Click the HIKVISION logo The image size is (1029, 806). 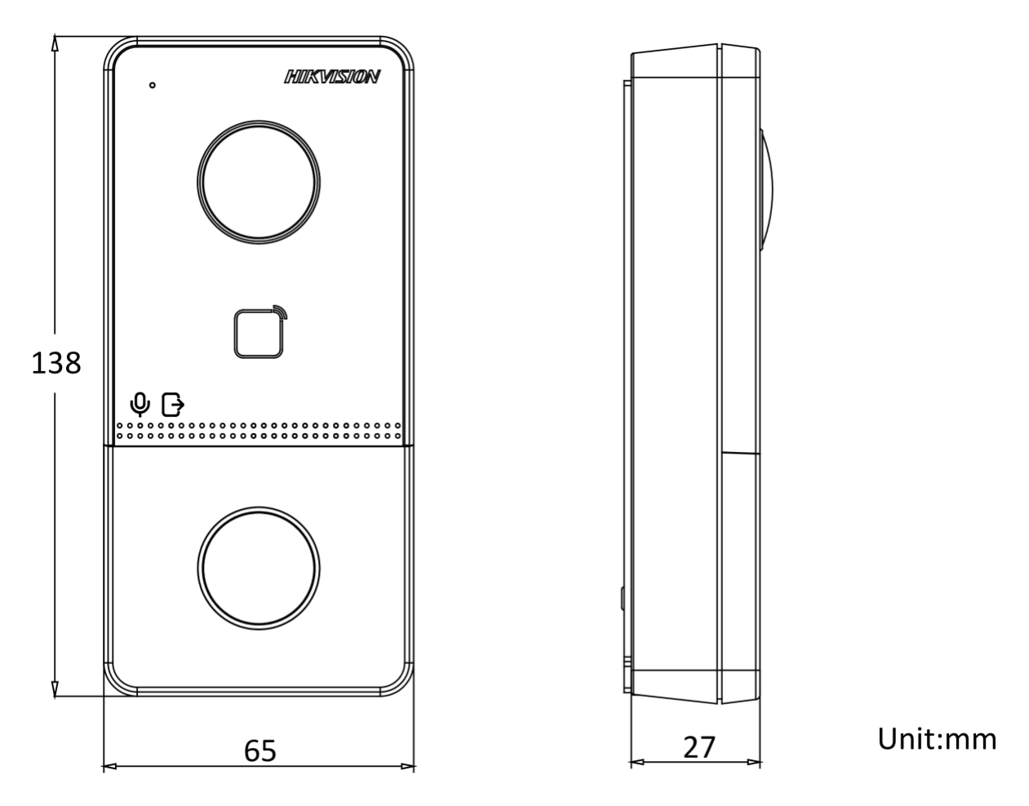332,77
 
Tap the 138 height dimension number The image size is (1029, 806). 55,364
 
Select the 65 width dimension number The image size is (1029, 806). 260,751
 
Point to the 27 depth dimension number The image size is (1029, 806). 699,747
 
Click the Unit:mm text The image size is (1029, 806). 937,739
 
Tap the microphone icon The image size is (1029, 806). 140,405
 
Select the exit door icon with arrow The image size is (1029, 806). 173,405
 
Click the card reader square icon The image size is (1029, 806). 259,334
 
